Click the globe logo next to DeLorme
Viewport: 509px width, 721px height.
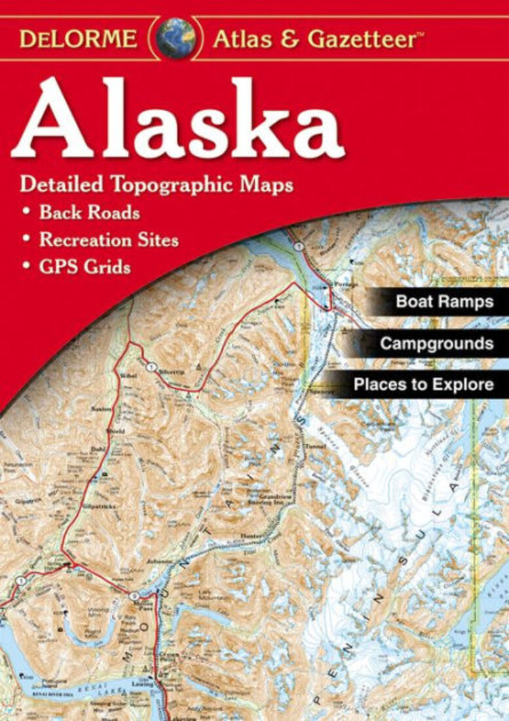click(176, 38)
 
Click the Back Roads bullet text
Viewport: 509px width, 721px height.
click(89, 213)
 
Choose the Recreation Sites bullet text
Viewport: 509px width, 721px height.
click(109, 240)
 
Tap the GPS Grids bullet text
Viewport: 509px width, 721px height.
click(85, 267)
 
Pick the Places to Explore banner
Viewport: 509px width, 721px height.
click(423, 384)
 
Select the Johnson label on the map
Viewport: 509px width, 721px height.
click(159, 561)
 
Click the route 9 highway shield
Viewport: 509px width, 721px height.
click(134, 596)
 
